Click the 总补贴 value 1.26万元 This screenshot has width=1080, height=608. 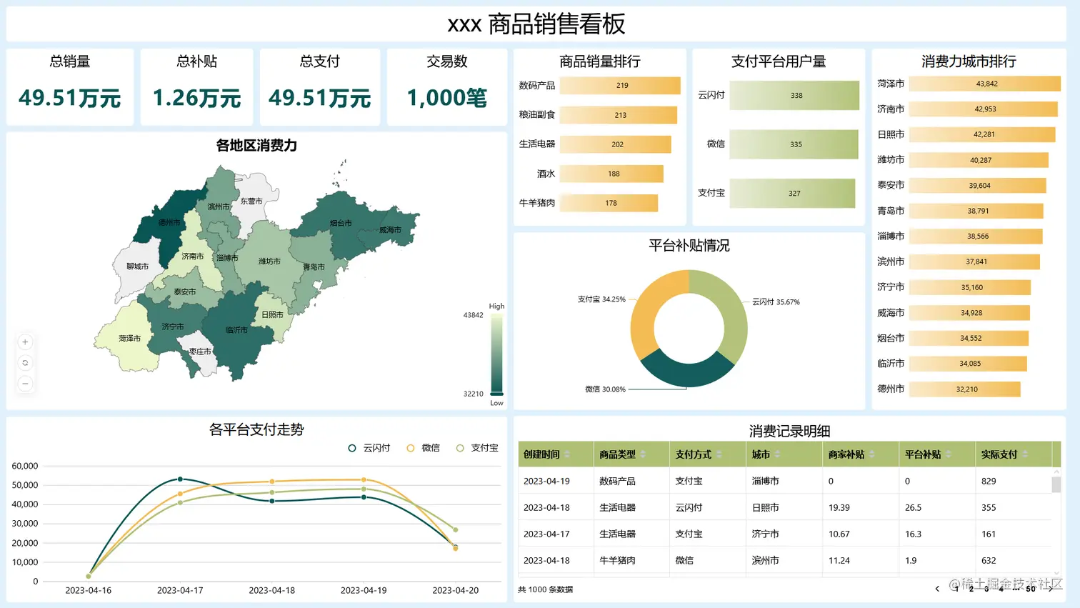(196, 98)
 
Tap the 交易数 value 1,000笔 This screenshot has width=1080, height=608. (446, 98)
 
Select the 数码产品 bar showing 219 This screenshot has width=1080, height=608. (619, 86)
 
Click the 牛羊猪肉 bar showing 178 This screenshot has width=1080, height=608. (609, 203)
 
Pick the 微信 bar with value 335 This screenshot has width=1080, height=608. (794, 144)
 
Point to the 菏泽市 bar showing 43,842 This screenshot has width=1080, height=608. (984, 84)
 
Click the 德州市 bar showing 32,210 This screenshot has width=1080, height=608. (964, 389)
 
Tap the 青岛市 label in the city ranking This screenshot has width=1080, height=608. (891, 211)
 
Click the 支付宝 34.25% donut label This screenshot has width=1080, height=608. (601, 299)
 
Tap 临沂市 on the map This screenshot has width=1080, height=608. (236, 330)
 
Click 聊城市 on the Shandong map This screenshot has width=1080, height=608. (137, 266)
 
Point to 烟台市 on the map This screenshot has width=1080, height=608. (341, 223)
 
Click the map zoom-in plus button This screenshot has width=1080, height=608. (25, 342)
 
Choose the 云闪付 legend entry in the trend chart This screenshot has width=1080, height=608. (369, 448)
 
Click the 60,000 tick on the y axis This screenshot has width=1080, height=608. (25, 466)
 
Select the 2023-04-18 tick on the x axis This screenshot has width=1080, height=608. (271, 590)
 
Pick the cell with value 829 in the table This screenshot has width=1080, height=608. (989, 481)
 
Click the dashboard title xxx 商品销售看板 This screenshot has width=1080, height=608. (536, 24)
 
